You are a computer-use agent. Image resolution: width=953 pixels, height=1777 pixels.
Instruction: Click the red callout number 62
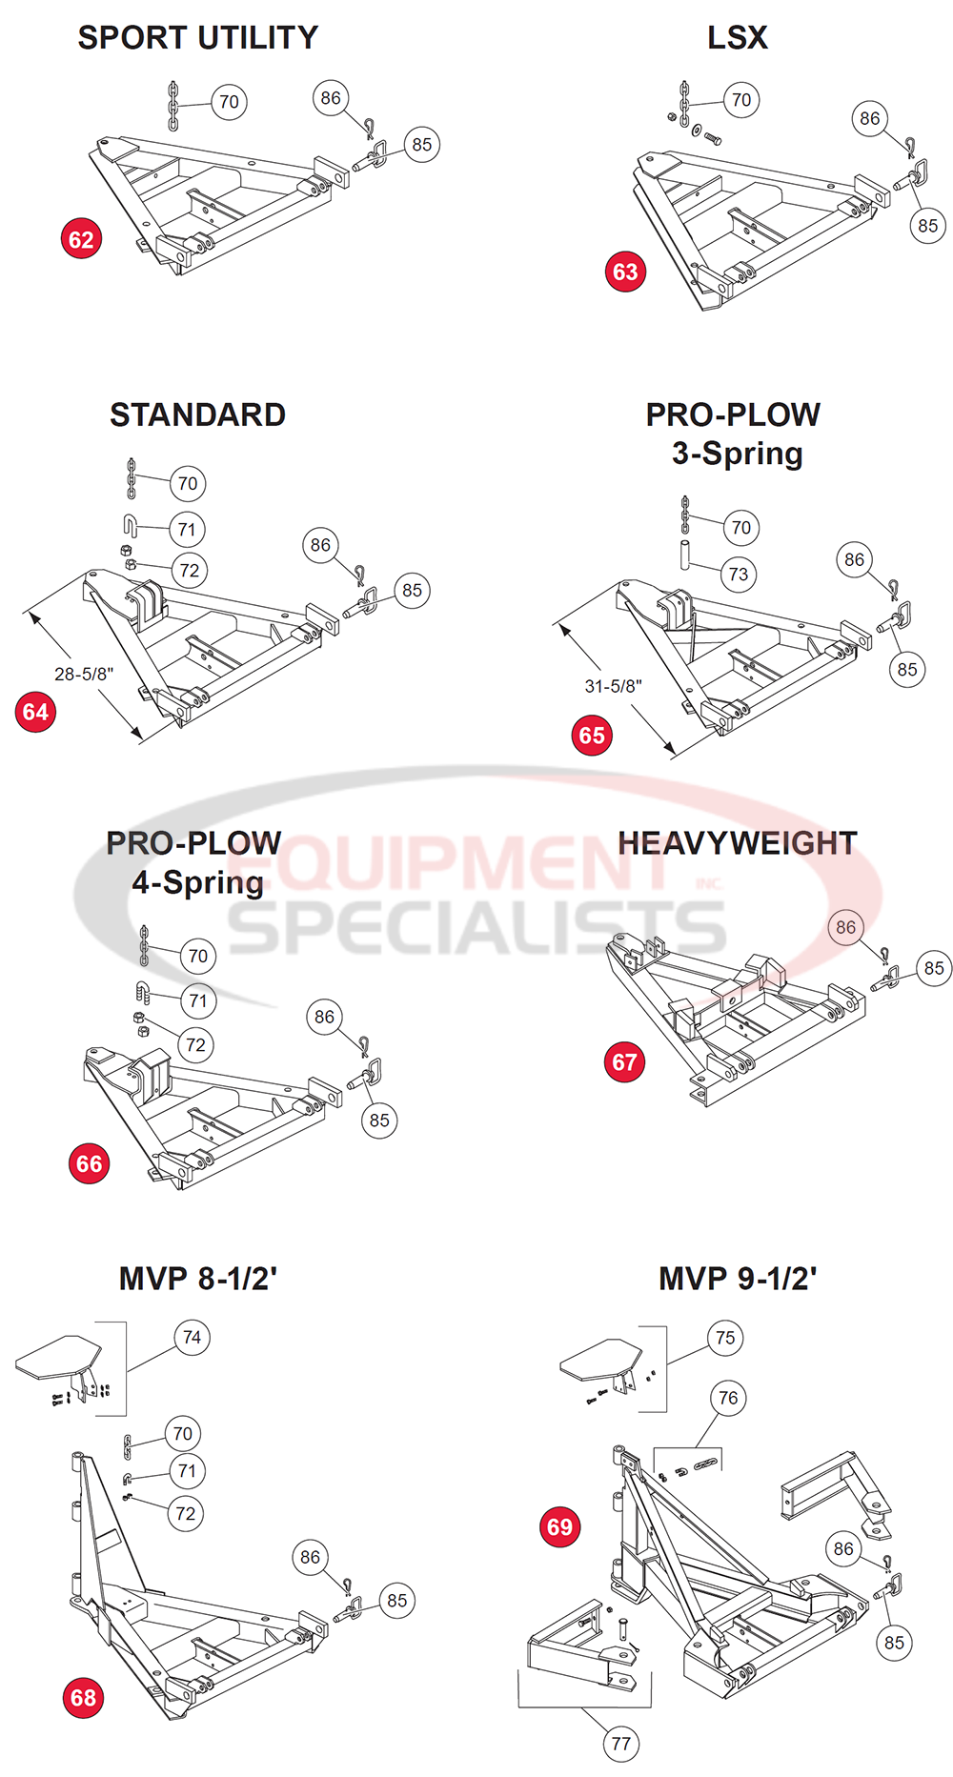pos(81,239)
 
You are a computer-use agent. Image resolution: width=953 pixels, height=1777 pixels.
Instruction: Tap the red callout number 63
pos(625,272)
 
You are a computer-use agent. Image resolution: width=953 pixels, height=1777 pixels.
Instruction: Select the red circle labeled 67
pos(624,1062)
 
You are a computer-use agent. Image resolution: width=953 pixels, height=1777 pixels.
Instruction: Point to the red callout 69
pos(559,1527)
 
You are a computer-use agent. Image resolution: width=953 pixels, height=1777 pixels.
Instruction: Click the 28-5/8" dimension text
pos(84,674)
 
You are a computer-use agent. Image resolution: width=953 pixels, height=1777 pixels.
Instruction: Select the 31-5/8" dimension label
pos(613,686)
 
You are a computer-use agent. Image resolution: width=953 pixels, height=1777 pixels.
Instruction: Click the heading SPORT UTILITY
pos(197,38)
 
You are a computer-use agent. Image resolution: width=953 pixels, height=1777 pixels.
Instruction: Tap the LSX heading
pos(737,38)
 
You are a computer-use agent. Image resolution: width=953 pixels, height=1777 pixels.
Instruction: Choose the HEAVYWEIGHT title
pos(737,843)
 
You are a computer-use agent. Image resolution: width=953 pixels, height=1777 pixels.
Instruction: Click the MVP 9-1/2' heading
pos(737,1279)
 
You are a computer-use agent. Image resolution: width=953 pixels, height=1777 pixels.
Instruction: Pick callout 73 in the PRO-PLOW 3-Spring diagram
pos(739,574)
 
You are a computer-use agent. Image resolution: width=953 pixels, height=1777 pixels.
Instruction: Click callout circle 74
pos(193,1338)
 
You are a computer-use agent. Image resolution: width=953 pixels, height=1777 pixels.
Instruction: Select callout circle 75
pos(725,1338)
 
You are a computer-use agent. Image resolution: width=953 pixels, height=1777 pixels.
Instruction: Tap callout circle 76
pos(728,1398)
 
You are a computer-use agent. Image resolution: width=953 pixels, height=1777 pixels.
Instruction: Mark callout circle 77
pos(621,1744)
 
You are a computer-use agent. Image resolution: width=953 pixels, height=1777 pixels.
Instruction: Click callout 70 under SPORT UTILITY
pos(229,102)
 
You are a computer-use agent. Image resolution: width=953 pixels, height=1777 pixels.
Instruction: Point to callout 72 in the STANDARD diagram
pos(190,571)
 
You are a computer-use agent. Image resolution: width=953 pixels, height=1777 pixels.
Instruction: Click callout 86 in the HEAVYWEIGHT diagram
pos(845,927)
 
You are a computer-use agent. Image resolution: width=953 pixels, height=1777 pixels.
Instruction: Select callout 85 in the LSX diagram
pos(927,226)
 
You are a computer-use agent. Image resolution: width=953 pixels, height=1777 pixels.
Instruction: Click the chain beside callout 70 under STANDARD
pos(132,478)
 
